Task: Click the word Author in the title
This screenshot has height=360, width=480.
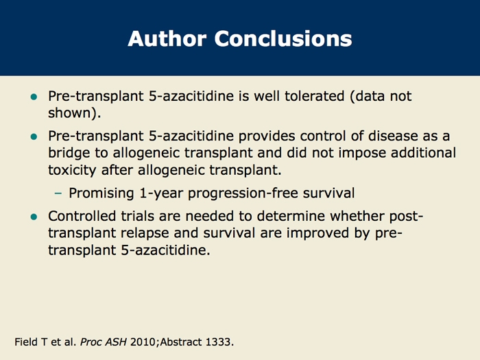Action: pos(167,38)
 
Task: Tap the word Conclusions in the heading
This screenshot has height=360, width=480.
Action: pos(283,38)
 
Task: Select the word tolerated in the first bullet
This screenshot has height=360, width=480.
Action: pos(314,96)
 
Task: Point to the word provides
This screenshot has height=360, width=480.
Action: pos(267,136)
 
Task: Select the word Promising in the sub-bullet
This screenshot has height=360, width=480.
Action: pos(101,193)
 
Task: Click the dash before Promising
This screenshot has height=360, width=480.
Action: pos(58,193)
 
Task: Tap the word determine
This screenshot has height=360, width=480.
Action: pos(291,216)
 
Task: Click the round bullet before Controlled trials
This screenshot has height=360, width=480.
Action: pos(34,217)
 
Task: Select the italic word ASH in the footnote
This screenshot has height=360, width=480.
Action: pos(116,342)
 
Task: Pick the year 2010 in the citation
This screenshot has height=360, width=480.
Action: pos(143,342)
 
